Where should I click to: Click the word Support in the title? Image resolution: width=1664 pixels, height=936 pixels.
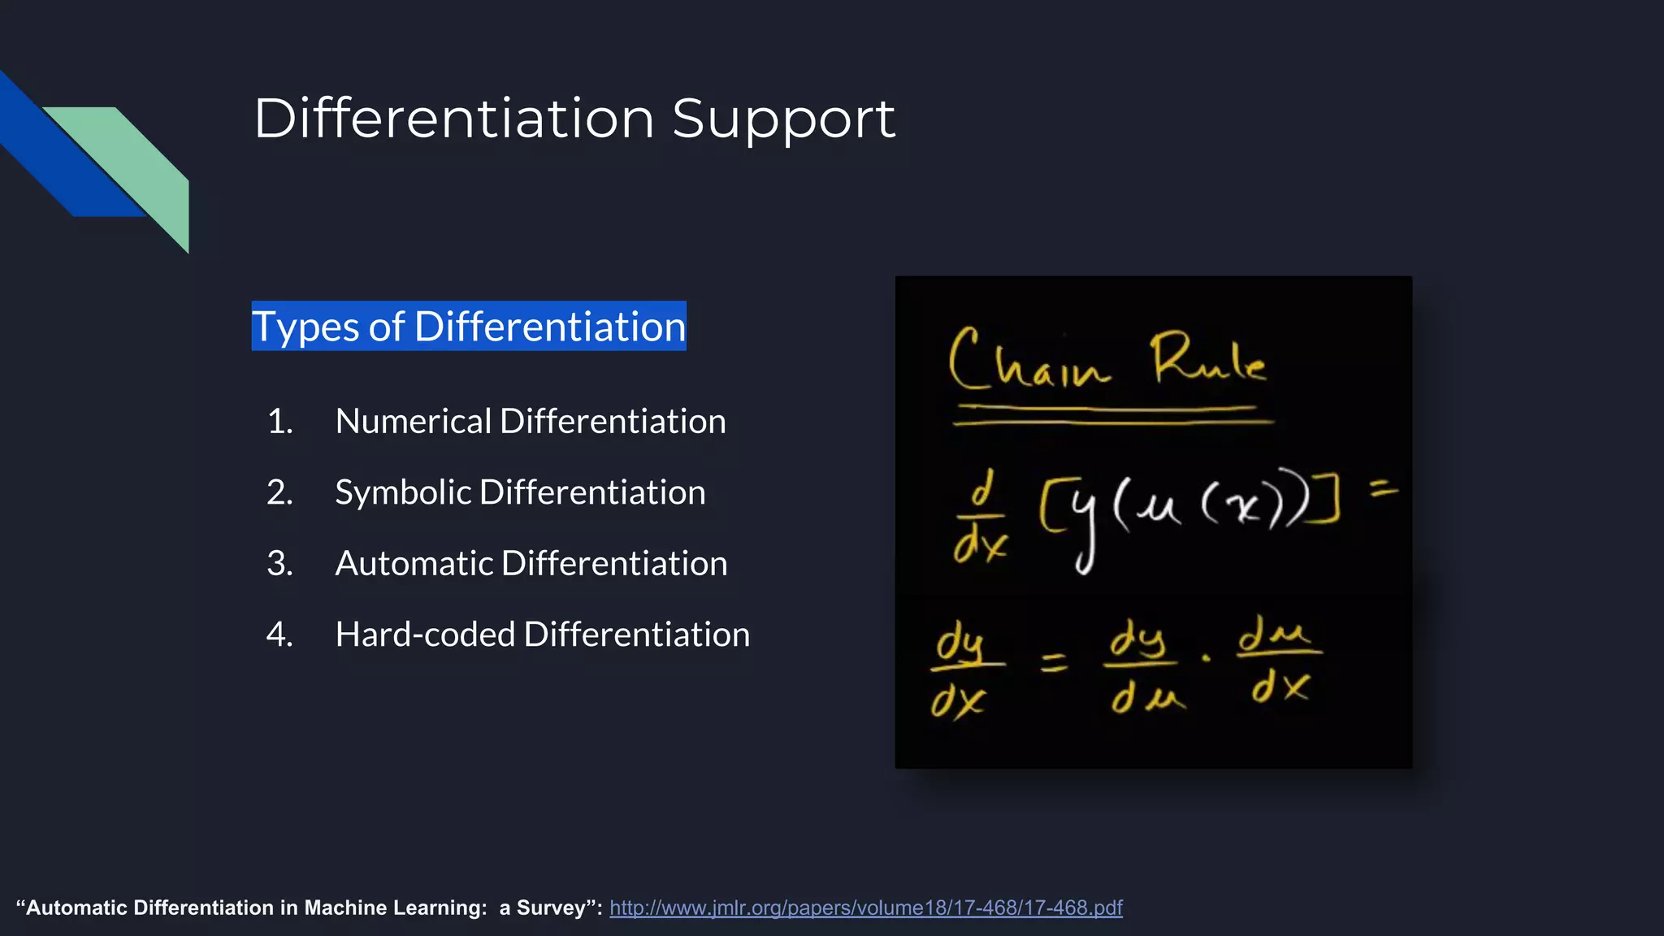[x=783, y=119]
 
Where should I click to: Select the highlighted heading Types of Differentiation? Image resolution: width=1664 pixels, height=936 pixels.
[x=469, y=327]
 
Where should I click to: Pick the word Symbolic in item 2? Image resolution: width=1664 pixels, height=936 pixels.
[x=402, y=492]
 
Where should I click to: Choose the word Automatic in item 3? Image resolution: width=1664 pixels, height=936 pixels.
[x=413, y=564]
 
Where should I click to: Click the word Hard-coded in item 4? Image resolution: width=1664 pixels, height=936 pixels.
[x=424, y=635]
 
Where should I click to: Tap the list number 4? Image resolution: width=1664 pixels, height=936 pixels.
[x=279, y=635]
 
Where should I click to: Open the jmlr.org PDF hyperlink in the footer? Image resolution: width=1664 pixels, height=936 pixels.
[x=865, y=908]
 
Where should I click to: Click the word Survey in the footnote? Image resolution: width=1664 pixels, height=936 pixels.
[x=551, y=908]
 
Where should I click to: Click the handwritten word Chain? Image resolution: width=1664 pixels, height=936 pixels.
[x=1028, y=362]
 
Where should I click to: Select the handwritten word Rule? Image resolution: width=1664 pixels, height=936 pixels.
[x=1208, y=360]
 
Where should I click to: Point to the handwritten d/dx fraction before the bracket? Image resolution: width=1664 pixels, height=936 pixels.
[x=981, y=518]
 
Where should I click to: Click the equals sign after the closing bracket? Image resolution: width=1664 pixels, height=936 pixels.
[x=1384, y=488]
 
